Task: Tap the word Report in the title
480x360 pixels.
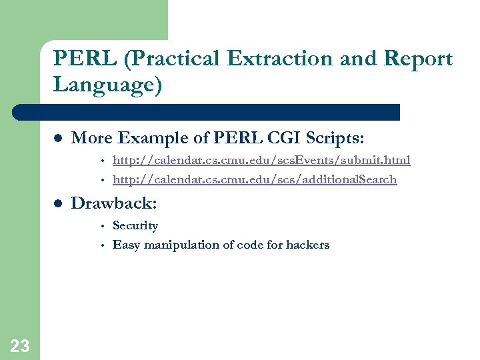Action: (416, 59)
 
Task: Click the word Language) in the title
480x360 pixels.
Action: (107, 85)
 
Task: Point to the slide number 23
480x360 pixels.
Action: (20, 345)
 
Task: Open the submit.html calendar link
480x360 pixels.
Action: (261, 160)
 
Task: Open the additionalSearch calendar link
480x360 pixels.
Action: (255, 179)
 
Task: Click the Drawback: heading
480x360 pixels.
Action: (114, 203)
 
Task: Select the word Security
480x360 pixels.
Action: (135, 225)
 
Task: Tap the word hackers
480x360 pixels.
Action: (307, 245)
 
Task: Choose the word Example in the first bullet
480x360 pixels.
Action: (148, 138)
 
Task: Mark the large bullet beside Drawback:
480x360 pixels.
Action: (57, 203)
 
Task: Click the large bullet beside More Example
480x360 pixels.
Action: (57, 138)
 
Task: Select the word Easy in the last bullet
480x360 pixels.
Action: (125, 245)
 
